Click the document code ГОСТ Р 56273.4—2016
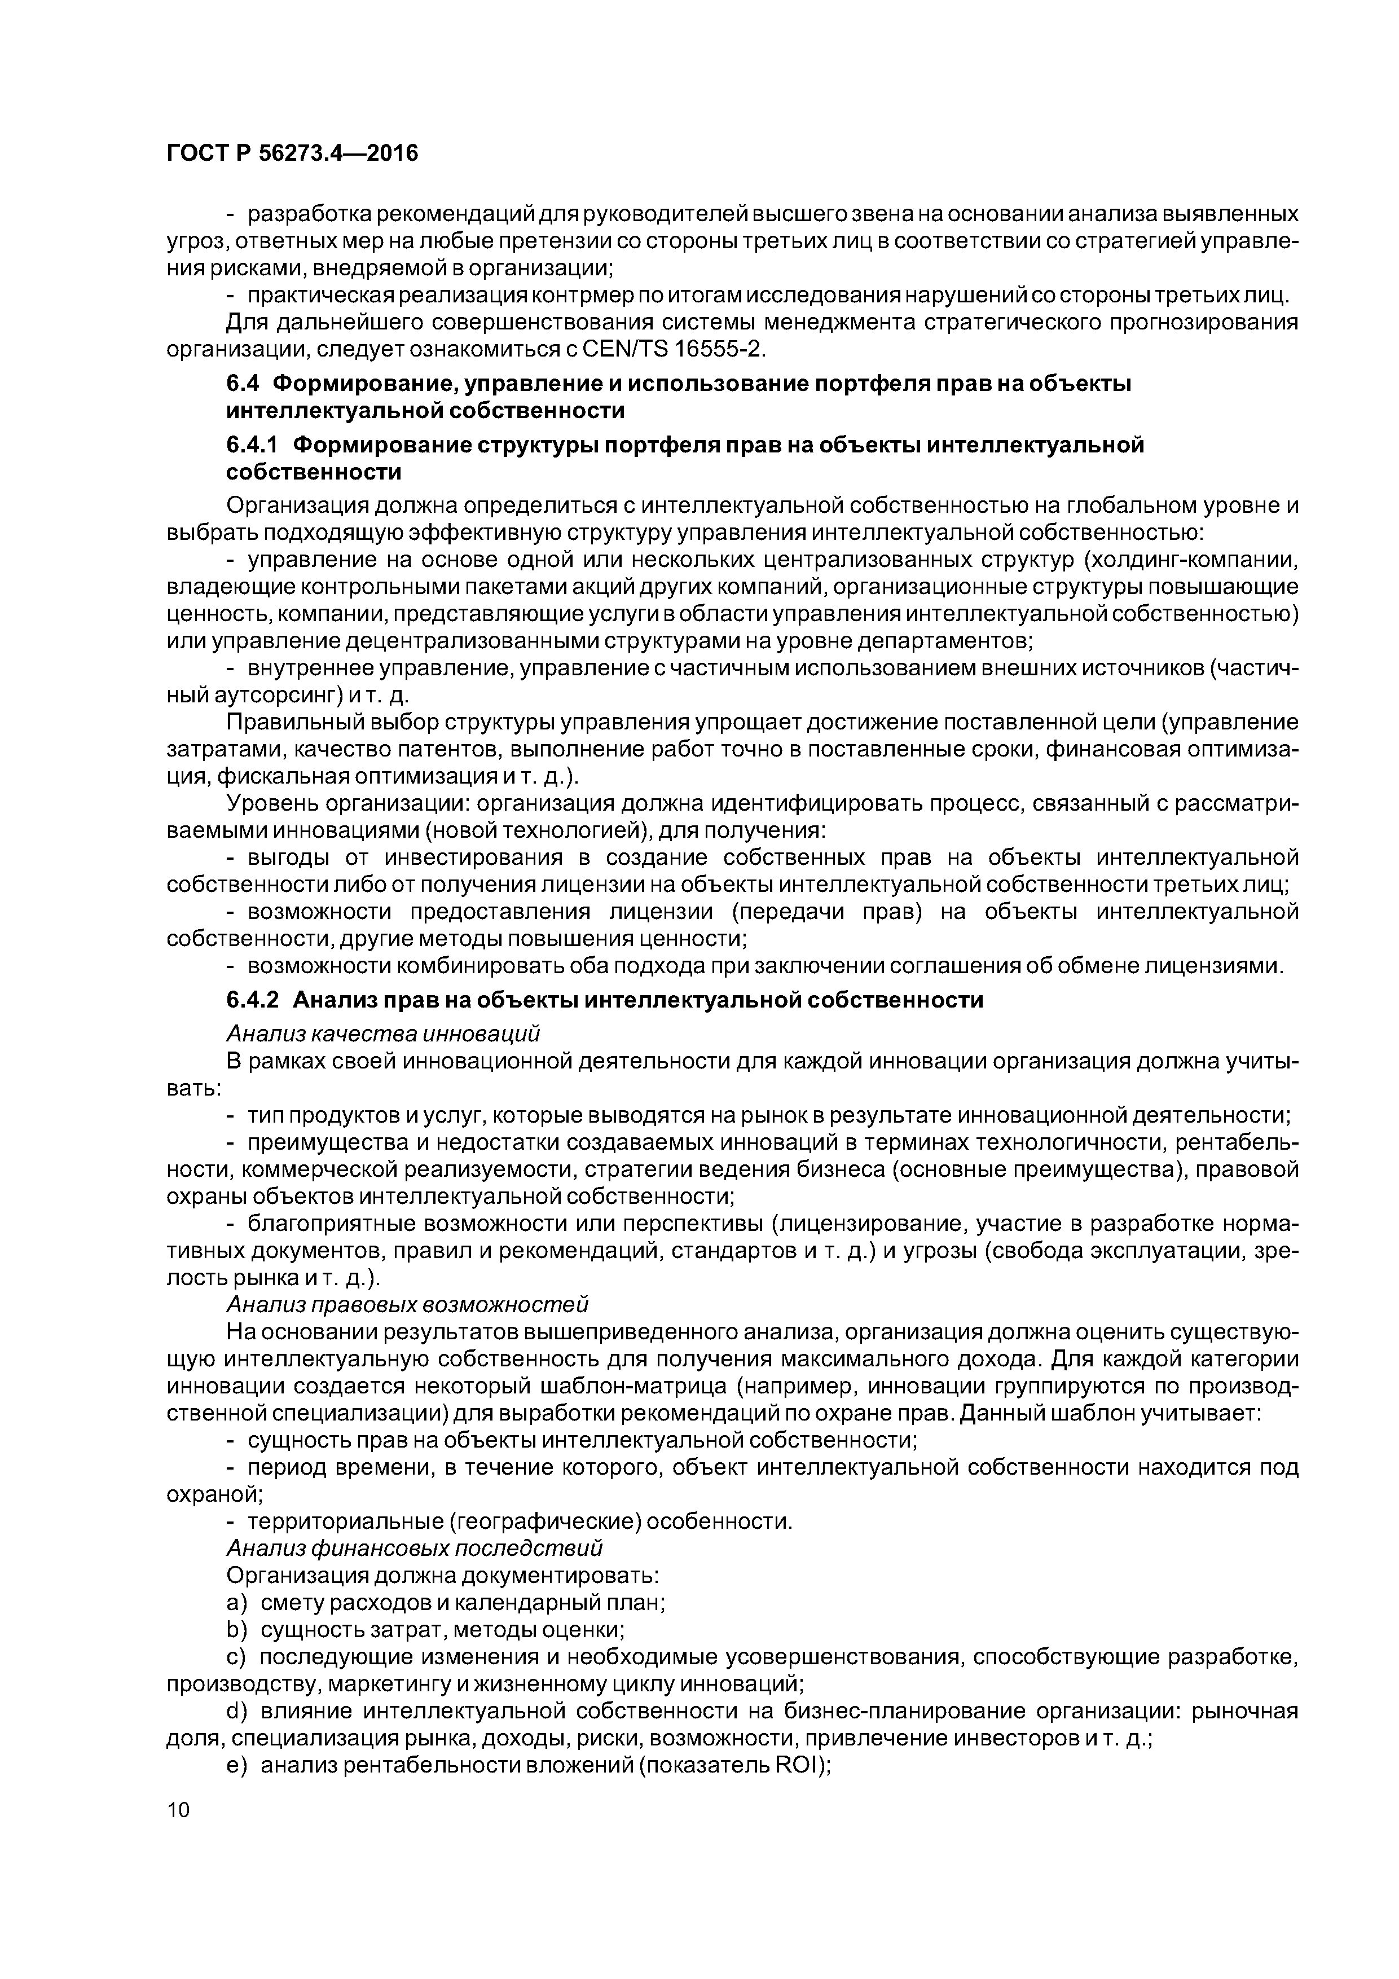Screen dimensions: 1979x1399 (291, 153)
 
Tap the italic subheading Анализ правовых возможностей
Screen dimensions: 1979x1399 (407, 1304)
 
